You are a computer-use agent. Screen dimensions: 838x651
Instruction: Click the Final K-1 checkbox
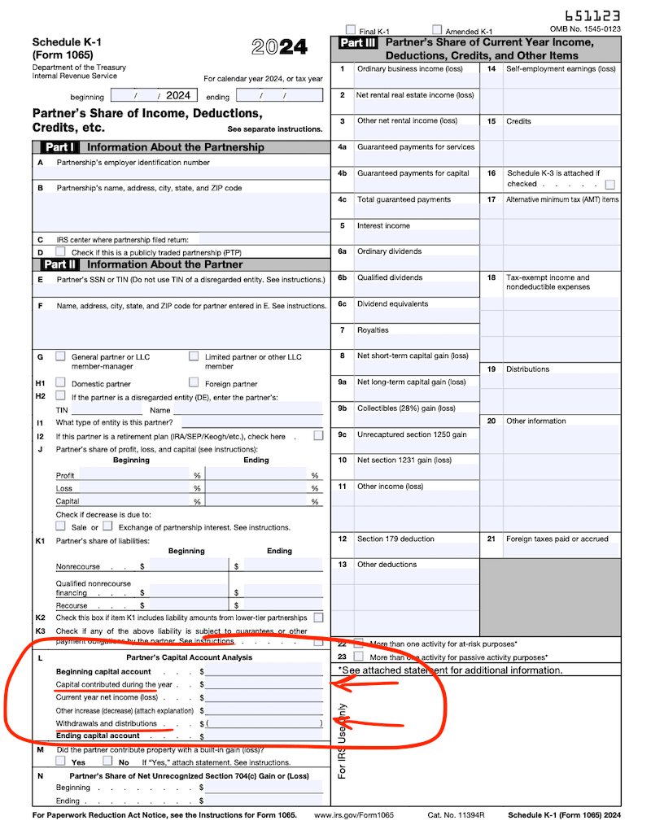[351, 30]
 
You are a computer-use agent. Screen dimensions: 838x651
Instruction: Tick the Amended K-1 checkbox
[437, 30]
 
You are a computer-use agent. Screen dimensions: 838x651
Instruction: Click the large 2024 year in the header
[279, 47]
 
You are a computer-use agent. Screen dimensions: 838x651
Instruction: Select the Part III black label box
[357, 43]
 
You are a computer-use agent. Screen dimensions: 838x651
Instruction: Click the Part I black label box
[59, 147]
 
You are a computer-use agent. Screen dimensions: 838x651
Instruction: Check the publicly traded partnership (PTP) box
[61, 252]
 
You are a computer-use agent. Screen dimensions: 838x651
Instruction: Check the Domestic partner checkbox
[61, 382]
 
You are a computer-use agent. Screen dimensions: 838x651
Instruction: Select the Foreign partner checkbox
[194, 382]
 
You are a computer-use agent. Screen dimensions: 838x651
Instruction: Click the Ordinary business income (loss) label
[409, 69]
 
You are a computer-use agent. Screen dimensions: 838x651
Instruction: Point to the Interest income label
[383, 225]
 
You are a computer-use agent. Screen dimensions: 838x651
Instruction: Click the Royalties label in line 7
[374, 330]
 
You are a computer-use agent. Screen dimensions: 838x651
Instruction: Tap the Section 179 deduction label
[395, 539]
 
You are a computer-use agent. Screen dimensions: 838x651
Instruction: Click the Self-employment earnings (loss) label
[561, 69]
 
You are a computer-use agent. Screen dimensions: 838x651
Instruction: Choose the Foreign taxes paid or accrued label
[557, 539]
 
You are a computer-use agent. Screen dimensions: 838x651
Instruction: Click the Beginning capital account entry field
[264, 671]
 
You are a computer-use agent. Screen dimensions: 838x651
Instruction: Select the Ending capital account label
[98, 735]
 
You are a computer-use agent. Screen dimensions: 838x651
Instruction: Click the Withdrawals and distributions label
[106, 723]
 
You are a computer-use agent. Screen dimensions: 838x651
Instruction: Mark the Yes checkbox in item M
[61, 762]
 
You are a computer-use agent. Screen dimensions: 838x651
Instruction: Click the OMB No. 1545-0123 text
[585, 29]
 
